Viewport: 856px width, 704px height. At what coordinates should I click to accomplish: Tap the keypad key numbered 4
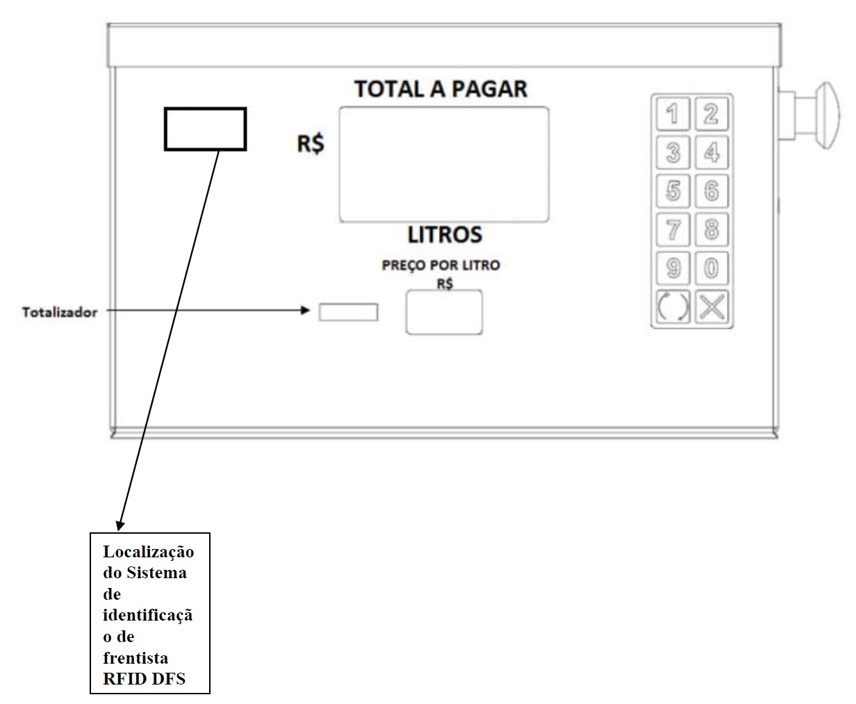(x=711, y=152)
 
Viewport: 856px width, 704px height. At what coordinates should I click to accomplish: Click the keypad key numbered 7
(x=673, y=229)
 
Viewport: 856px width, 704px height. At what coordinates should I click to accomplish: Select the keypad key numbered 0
(x=711, y=268)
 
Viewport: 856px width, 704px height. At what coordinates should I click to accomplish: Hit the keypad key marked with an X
(x=711, y=306)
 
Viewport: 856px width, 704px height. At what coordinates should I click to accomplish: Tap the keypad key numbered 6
(x=711, y=191)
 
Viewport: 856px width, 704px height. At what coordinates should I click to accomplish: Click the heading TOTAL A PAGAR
(x=441, y=89)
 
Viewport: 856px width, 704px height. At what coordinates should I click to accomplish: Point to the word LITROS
(x=445, y=235)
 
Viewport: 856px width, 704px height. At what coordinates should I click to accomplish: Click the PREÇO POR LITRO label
(x=441, y=265)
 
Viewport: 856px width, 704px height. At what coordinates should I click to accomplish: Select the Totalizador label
(x=60, y=312)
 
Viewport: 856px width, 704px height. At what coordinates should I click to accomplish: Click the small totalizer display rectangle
(x=348, y=312)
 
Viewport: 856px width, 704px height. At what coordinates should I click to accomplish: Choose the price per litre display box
(x=445, y=312)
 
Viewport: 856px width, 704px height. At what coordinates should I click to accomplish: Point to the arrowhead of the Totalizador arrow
(x=305, y=311)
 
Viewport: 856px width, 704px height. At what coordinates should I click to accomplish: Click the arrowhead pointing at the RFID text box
(x=120, y=526)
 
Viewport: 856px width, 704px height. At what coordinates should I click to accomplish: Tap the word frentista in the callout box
(x=135, y=657)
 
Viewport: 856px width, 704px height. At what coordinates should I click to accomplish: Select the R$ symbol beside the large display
(x=311, y=144)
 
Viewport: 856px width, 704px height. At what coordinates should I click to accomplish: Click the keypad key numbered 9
(x=673, y=268)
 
